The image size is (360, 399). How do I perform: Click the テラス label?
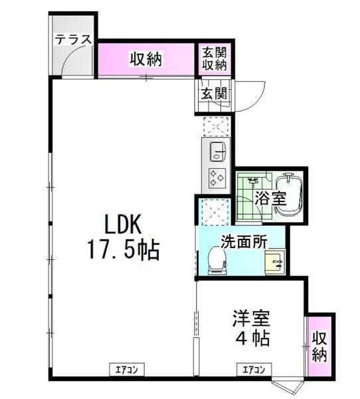pyautogui.click(x=72, y=39)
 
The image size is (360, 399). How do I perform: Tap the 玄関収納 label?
pyautogui.click(x=215, y=59)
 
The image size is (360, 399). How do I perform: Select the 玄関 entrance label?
pyautogui.click(x=214, y=93)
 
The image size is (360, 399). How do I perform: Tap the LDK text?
pyautogui.click(x=122, y=224)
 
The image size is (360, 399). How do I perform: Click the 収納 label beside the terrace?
pyautogui.click(x=145, y=60)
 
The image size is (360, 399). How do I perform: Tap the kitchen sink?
pyautogui.click(x=217, y=153)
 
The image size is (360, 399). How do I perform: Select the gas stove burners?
pyautogui.click(x=217, y=178)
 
